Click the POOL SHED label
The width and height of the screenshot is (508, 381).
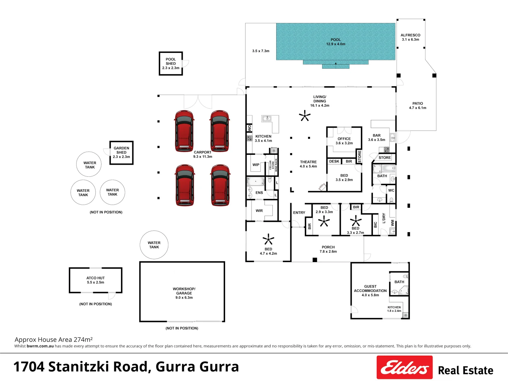pos(171,64)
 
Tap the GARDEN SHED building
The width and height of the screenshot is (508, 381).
pos(121,152)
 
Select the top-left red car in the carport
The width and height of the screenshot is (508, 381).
pos(184,131)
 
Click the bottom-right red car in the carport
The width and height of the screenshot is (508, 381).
pos(220,185)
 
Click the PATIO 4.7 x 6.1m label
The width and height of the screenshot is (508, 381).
pos(418,105)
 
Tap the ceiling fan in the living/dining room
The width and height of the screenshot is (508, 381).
pos(304,115)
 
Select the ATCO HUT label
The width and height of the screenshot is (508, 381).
pos(96,280)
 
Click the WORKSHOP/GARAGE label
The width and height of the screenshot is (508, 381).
pos(184,293)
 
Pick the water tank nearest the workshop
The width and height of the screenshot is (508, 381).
pos(154,245)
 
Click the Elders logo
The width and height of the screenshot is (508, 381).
pos(404,367)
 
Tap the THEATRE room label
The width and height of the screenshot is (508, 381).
pos(308,164)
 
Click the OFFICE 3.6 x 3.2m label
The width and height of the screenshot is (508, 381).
pos(344,141)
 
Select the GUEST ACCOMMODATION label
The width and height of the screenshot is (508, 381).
pos(370,291)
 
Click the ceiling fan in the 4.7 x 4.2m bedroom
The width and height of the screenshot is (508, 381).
pos(268,240)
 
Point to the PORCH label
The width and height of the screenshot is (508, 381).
pos(328,249)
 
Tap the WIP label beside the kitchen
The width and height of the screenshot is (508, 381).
pos(256,165)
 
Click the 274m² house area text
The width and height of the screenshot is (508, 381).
pos(83,340)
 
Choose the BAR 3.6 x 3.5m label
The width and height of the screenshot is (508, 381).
pos(377,137)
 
